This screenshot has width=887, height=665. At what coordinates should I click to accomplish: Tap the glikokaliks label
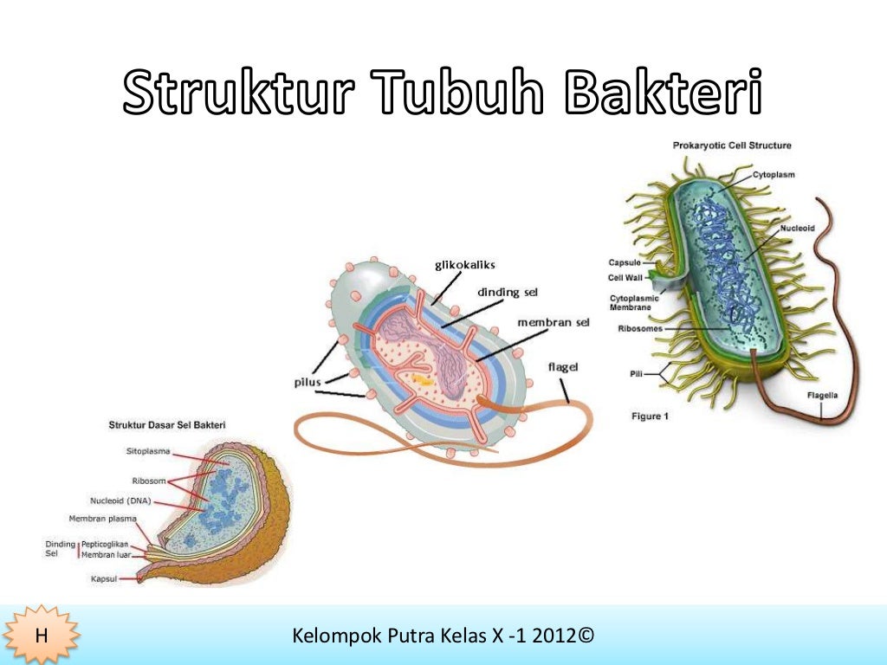[x=464, y=264]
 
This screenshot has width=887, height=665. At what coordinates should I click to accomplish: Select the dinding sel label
[x=508, y=292]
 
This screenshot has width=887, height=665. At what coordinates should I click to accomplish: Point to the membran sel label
[x=553, y=322]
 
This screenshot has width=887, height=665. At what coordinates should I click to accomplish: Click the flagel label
[x=563, y=367]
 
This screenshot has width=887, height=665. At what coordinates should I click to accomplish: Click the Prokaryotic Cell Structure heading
[x=731, y=145]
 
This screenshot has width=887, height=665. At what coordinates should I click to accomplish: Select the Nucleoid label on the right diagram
[x=797, y=229]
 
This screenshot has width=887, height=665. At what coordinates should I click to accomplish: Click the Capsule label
[x=624, y=261]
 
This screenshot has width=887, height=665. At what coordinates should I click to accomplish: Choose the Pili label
[x=637, y=374]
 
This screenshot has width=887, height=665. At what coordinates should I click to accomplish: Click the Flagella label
[x=822, y=396]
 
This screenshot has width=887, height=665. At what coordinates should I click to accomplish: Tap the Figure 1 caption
[x=650, y=416]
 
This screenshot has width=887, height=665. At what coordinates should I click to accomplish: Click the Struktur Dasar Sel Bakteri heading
[x=166, y=425]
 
